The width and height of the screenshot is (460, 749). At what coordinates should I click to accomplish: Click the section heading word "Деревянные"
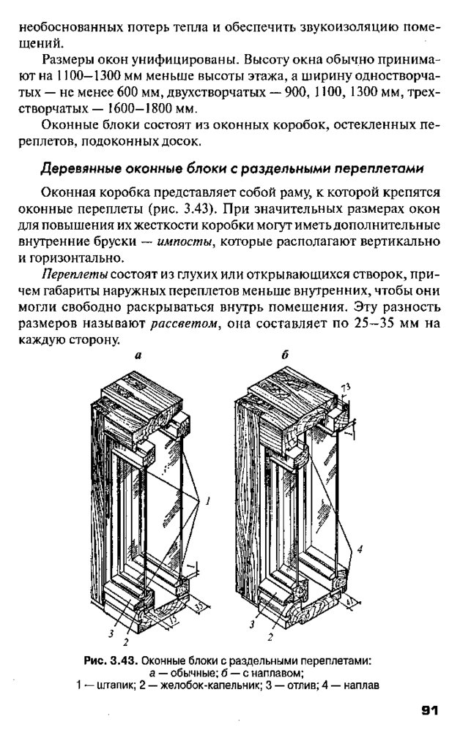79,169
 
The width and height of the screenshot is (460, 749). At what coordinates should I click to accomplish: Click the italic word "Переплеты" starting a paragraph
75,274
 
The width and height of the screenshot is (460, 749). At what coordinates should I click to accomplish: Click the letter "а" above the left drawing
137,356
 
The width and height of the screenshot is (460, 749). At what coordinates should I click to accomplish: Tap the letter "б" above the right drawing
285,355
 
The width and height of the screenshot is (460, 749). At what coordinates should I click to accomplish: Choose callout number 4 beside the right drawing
360,547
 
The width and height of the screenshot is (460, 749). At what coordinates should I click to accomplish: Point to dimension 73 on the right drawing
346,385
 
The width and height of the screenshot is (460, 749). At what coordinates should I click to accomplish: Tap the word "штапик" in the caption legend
115,685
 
